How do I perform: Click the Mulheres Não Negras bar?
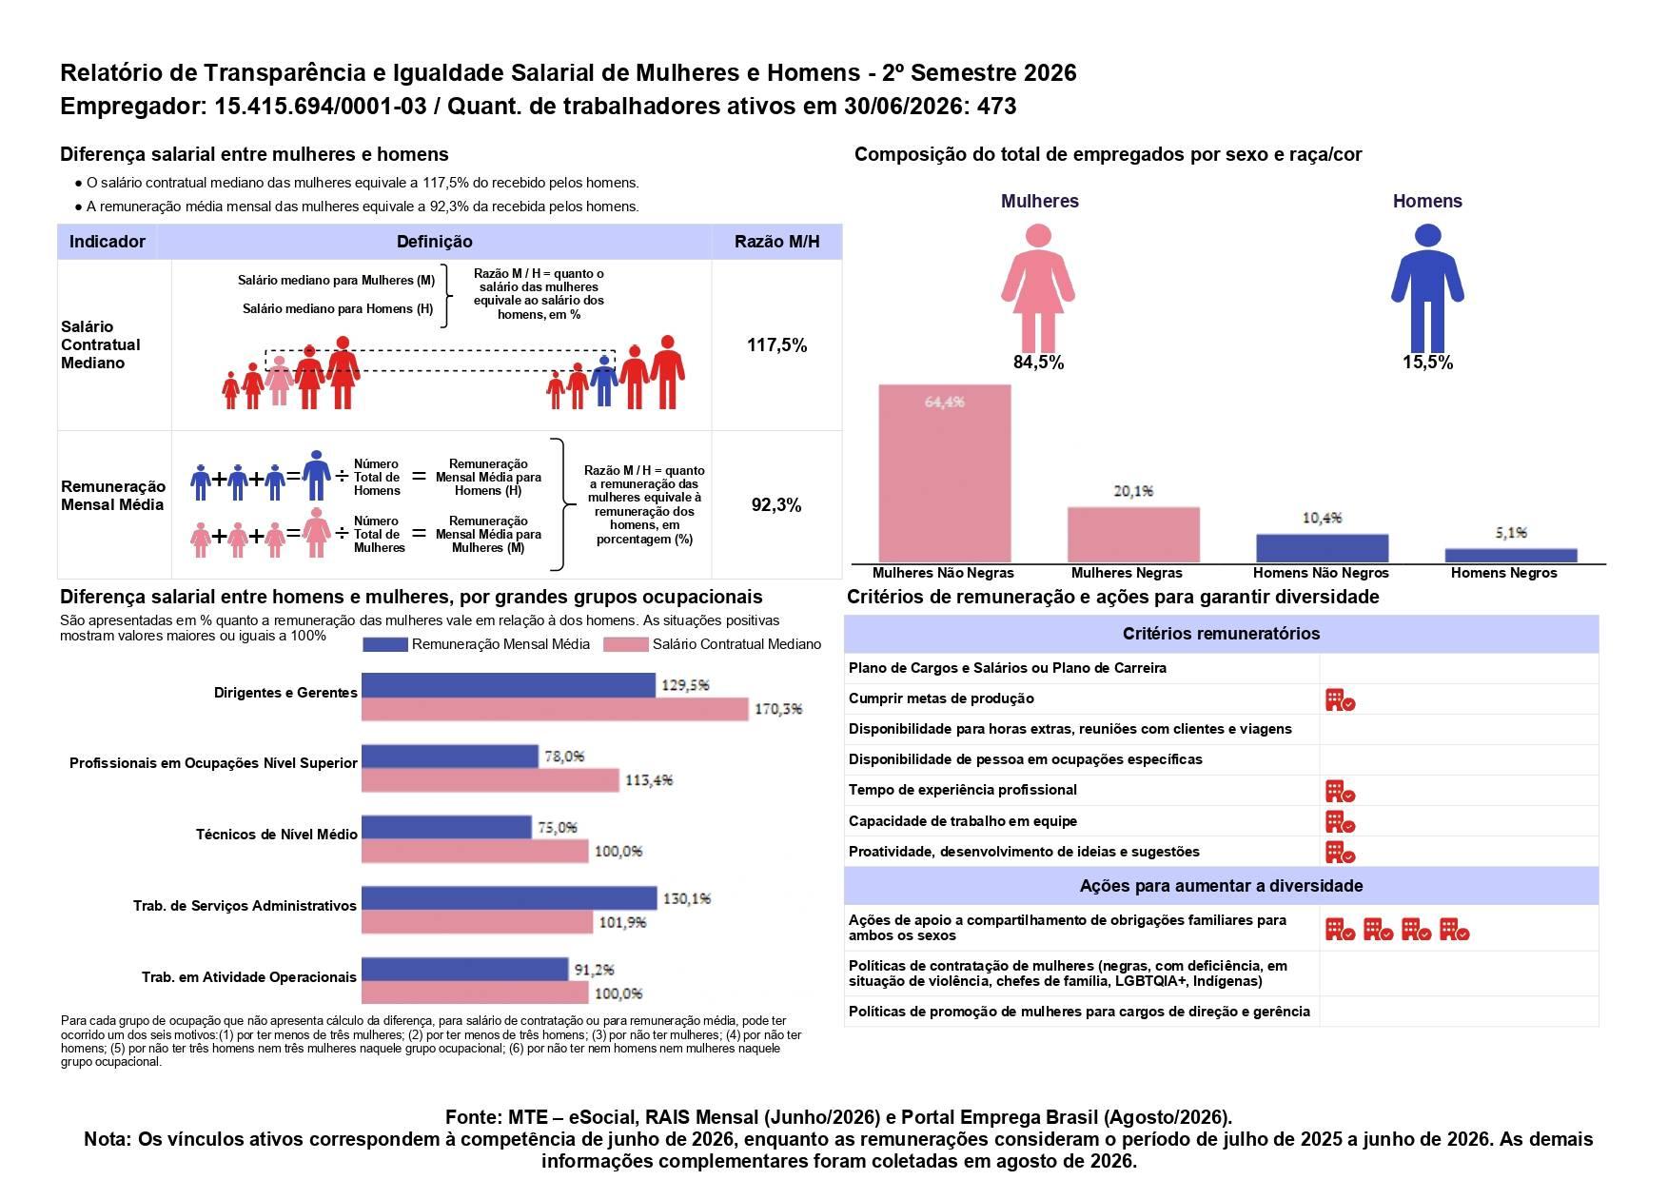(944, 473)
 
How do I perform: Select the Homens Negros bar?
(1511, 556)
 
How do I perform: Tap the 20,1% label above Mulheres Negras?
(1133, 491)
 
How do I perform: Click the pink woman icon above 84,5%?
(1038, 287)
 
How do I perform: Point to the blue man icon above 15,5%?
(1427, 287)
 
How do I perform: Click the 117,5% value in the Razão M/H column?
(776, 344)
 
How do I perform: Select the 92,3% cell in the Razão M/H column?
(776, 504)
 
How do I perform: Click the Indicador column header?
(108, 242)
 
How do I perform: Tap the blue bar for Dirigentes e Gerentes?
(508, 685)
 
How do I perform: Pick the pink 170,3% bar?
(555, 709)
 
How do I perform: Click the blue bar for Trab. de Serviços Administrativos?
(509, 898)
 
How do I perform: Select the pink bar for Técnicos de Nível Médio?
(475, 851)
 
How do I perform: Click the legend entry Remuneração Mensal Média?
(477, 644)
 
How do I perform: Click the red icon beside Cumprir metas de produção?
(1340, 699)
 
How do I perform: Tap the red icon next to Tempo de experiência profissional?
(1340, 791)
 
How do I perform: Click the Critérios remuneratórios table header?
(1221, 634)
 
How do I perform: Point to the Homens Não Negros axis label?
(1321, 573)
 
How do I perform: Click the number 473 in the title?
(996, 107)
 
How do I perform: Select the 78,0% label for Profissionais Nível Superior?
(564, 757)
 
